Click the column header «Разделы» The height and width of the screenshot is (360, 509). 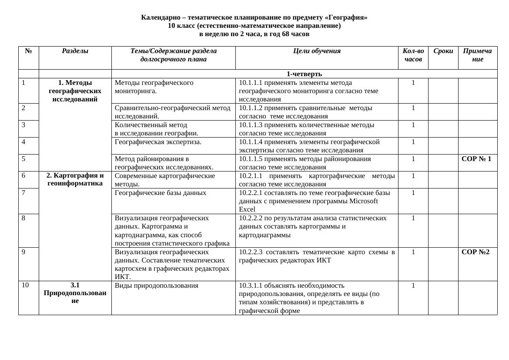coord(75,51)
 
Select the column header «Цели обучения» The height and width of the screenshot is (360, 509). coord(317,51)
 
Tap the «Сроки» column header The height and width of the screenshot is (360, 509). coord(443,51)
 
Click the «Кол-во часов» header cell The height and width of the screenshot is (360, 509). coord(413,55)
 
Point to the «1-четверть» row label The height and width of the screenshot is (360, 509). coord(304,74)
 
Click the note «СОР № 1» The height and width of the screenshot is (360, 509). coord(476,159)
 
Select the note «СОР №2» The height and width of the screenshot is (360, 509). coord(476,252)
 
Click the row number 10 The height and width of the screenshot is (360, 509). coord(25,286)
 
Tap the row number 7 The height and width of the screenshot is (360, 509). coord(23,192)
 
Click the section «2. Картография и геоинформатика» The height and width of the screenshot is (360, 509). coord(75,179)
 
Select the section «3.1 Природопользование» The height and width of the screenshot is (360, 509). coord(75,293)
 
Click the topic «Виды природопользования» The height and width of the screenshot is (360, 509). coord(156,286)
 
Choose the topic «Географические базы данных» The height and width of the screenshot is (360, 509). coord(161,193)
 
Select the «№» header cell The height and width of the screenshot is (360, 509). coord(29,51)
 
